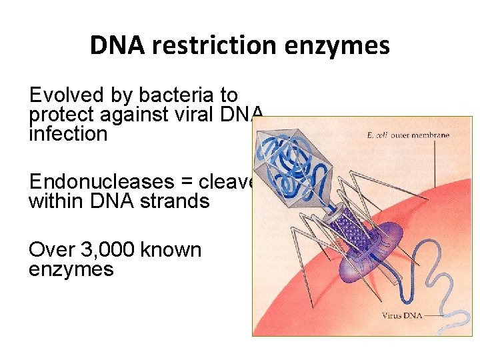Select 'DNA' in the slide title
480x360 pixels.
118,45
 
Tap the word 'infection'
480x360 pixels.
67,133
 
